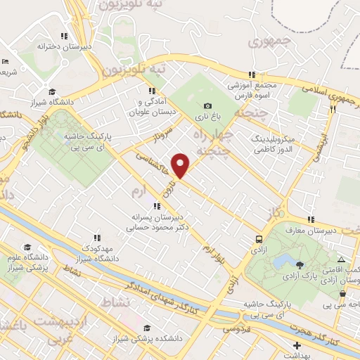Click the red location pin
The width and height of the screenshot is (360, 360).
(181, 165)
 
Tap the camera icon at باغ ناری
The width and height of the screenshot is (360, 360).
(207, 105)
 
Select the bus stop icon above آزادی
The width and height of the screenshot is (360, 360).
(259, 239)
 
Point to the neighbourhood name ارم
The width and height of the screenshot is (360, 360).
(139, 192)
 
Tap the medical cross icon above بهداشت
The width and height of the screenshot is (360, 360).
(297, 345)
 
